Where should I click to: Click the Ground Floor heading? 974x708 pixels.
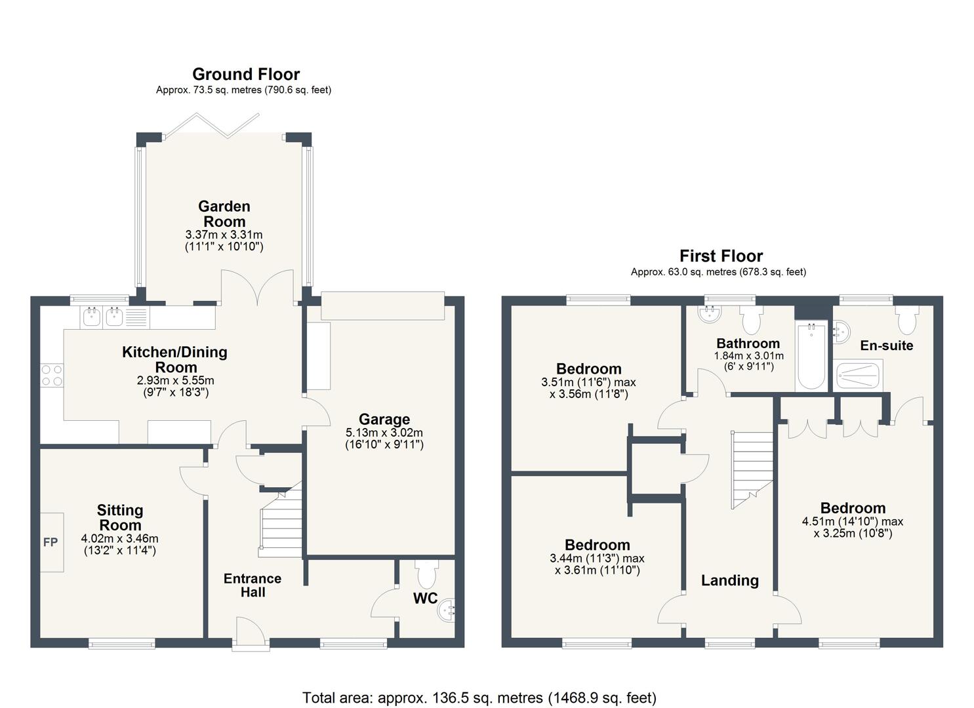coord(245,74)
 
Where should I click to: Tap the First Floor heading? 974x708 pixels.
coord(721,256)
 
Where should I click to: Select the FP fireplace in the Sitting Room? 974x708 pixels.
coord(51,542)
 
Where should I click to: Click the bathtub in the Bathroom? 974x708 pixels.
coord(811,357)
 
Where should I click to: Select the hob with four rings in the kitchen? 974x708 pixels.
coord(52,376)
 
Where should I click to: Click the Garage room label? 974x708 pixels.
coord(384,420)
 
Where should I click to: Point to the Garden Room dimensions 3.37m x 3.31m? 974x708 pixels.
coord(224,235)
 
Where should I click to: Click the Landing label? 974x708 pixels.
coord(729,580)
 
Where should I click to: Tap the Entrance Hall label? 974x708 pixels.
coord(253,585)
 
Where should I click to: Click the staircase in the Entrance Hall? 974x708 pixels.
coord(281,524)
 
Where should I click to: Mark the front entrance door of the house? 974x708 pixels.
coord(251,635)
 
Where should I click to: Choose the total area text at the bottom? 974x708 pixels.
coord(479,698)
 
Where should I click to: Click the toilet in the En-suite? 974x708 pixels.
coord(907,321)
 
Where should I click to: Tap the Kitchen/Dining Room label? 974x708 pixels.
coord(175,359)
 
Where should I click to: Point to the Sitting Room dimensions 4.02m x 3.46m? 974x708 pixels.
coord(119,539)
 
